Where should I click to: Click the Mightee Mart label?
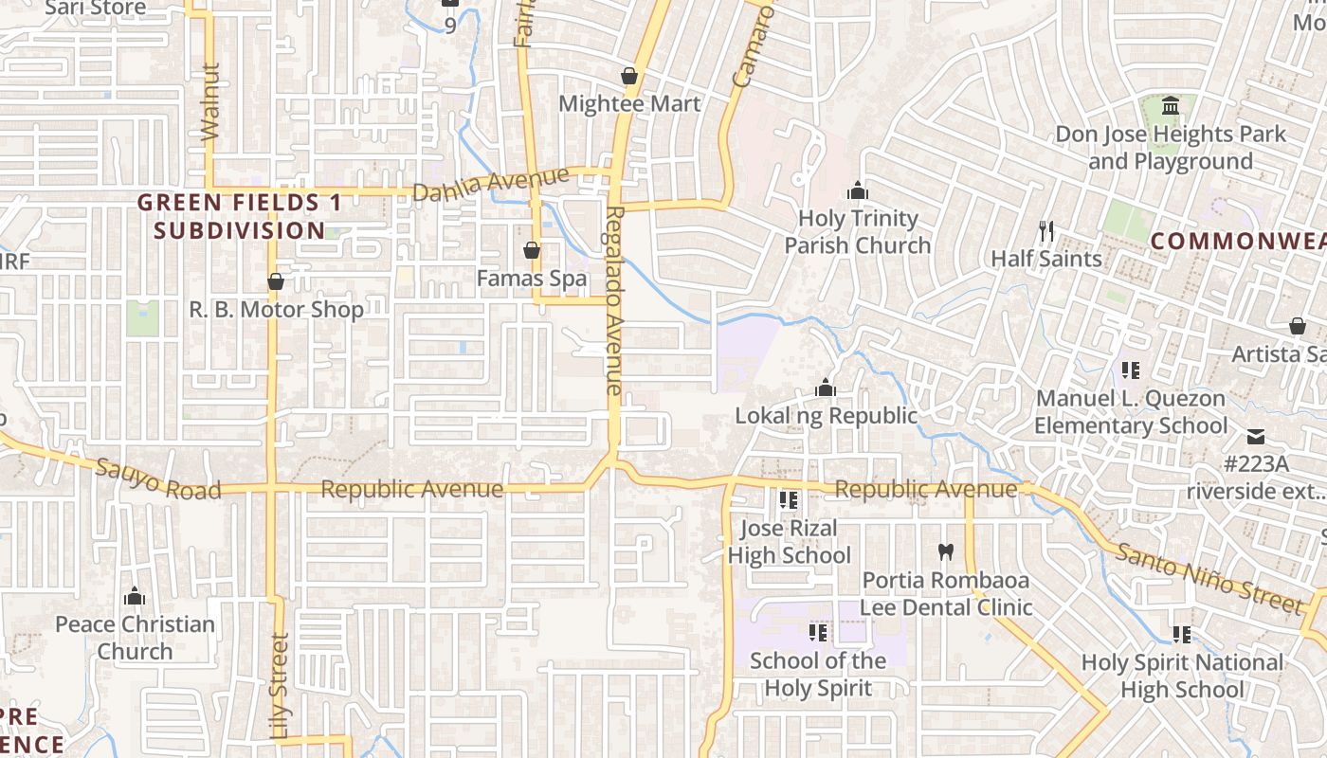tap(629, 104)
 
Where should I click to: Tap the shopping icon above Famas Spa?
tap(532, 251)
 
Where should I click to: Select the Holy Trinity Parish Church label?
tap(858, 232)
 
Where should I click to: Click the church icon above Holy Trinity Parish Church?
tap(858, 190)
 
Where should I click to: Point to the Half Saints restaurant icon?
tap(1046, 230)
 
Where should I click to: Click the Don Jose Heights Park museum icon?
tap(1171, 105)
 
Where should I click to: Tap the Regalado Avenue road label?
tap(614, 300)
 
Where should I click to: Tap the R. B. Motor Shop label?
tap(277, 310)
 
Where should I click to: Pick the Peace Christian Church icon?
tap(135, 596)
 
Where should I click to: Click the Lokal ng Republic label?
tap(827, 416)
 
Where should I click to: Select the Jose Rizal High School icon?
tap(788, 499)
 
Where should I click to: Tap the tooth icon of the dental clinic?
tap(945, 550)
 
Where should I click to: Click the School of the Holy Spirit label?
tap(818, 674)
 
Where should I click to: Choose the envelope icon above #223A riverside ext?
tap(1256, 437)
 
